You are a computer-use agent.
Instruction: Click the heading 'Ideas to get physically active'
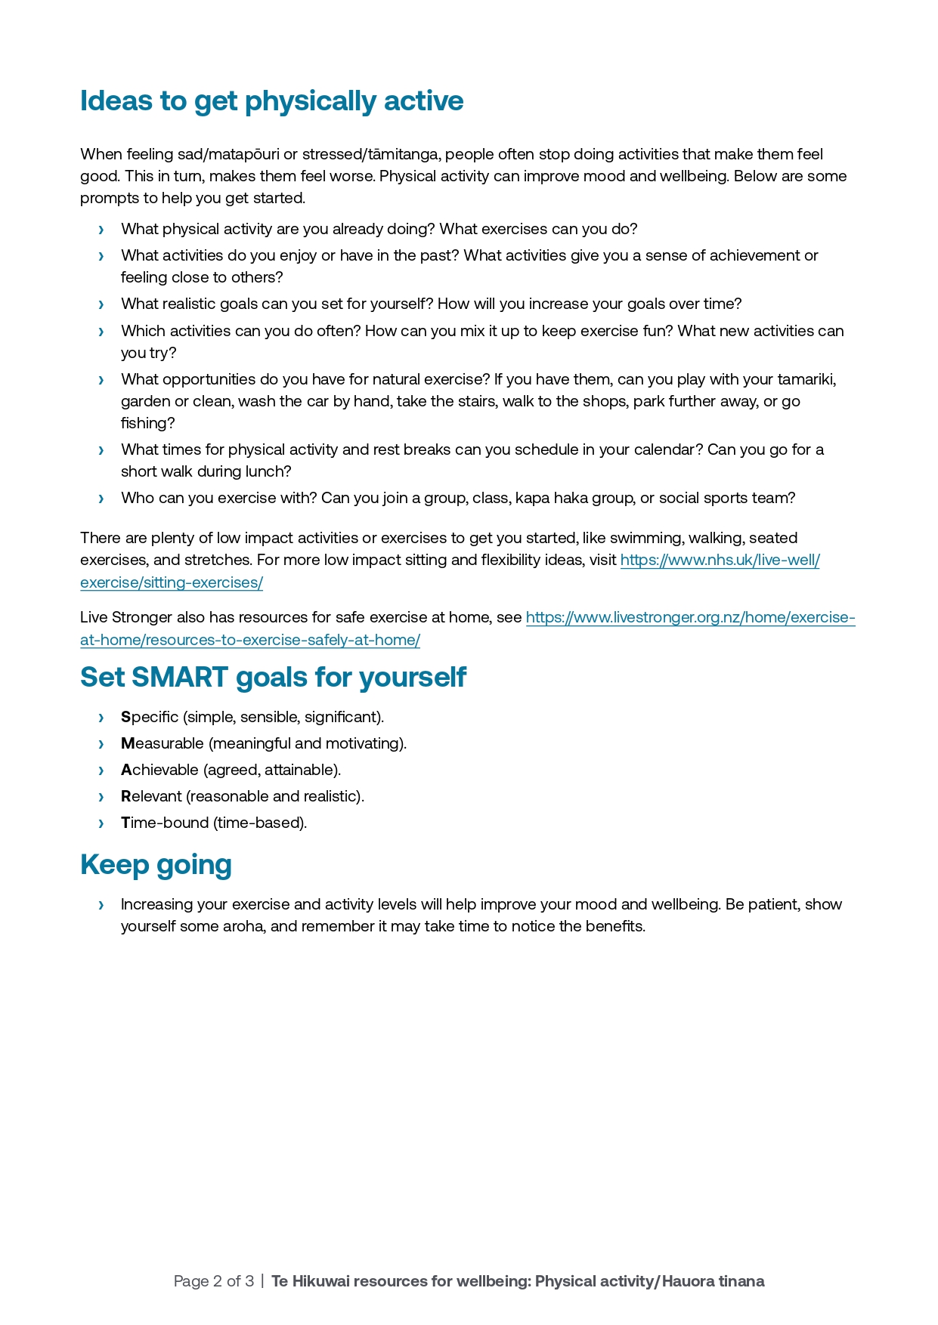coord(271,101)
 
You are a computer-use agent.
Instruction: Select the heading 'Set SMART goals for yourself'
coord(273,678)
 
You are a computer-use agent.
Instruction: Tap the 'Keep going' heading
coord(156,865)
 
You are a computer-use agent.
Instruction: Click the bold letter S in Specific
coord(125,717)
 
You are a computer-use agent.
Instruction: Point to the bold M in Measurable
coord(127,743)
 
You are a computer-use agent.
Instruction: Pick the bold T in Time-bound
coord(125,823)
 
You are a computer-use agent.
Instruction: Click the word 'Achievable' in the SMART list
coord(159,770)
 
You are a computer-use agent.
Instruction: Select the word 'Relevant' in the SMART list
coord(151,796)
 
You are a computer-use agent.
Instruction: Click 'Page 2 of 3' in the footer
coord(213,1281)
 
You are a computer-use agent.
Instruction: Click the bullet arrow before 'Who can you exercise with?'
coord(101,499)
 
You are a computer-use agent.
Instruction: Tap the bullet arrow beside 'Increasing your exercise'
coord(101,905)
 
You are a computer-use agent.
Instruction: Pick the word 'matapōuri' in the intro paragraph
coord(243,154)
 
